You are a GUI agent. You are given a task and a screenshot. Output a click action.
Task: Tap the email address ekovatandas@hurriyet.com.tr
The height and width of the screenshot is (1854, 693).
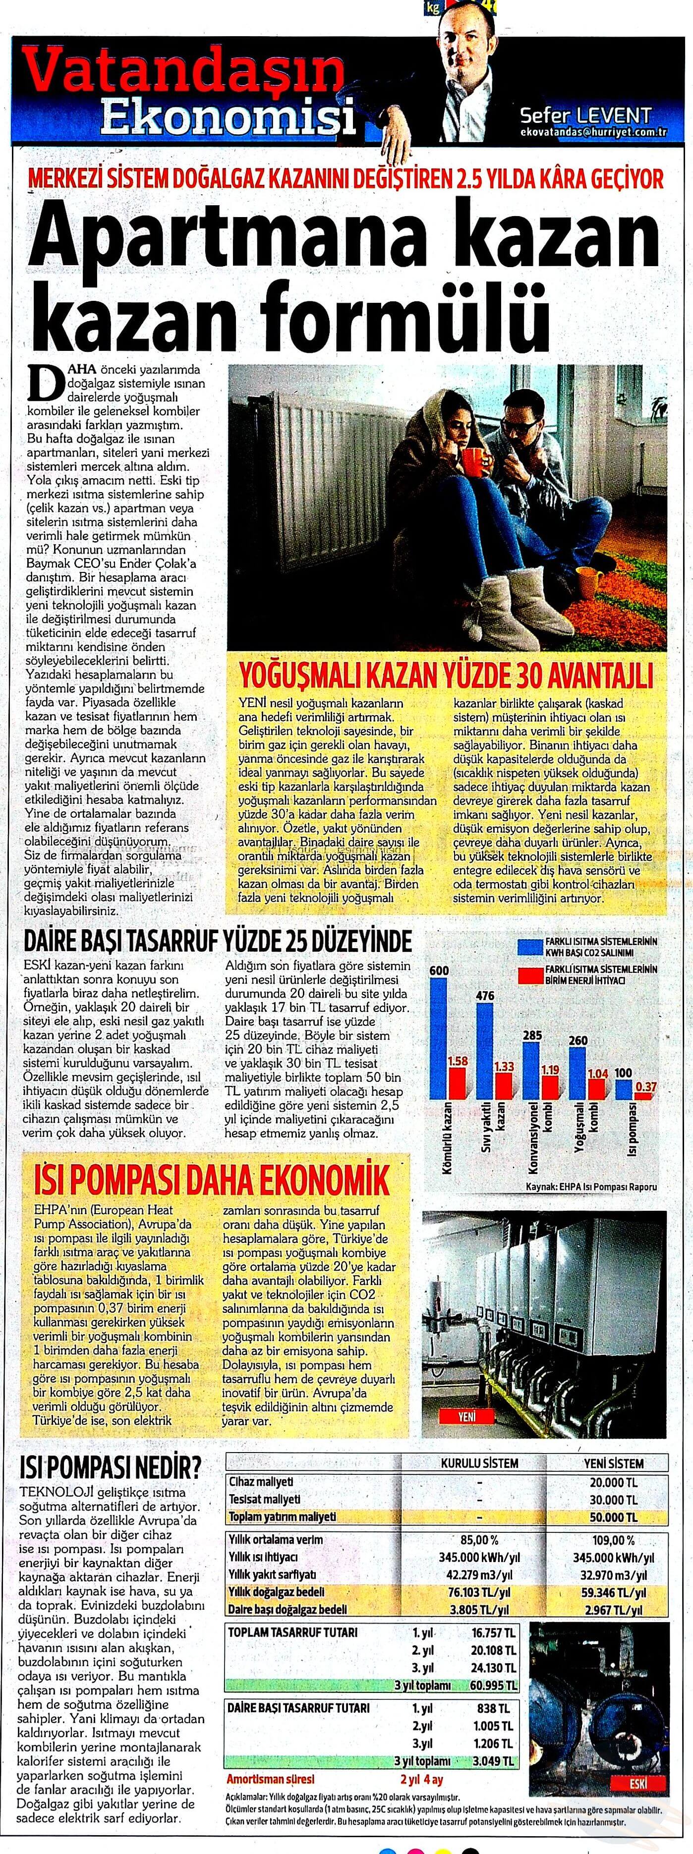coord(594,132)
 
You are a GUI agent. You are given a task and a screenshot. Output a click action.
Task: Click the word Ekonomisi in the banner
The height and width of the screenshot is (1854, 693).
coord(229,117)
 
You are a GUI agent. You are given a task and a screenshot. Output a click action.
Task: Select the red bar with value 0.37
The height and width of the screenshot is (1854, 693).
coord(645,1095)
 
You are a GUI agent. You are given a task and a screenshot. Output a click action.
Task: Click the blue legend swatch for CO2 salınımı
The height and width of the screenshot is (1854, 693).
coord(529,947)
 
